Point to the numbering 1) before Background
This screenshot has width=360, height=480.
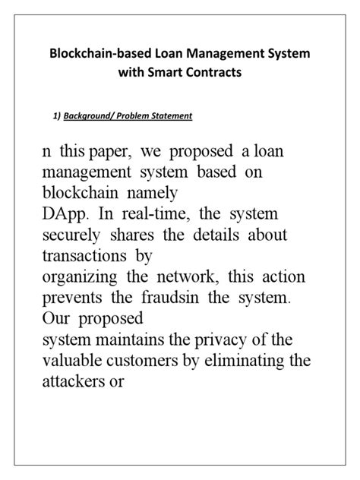coord(54,116)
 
